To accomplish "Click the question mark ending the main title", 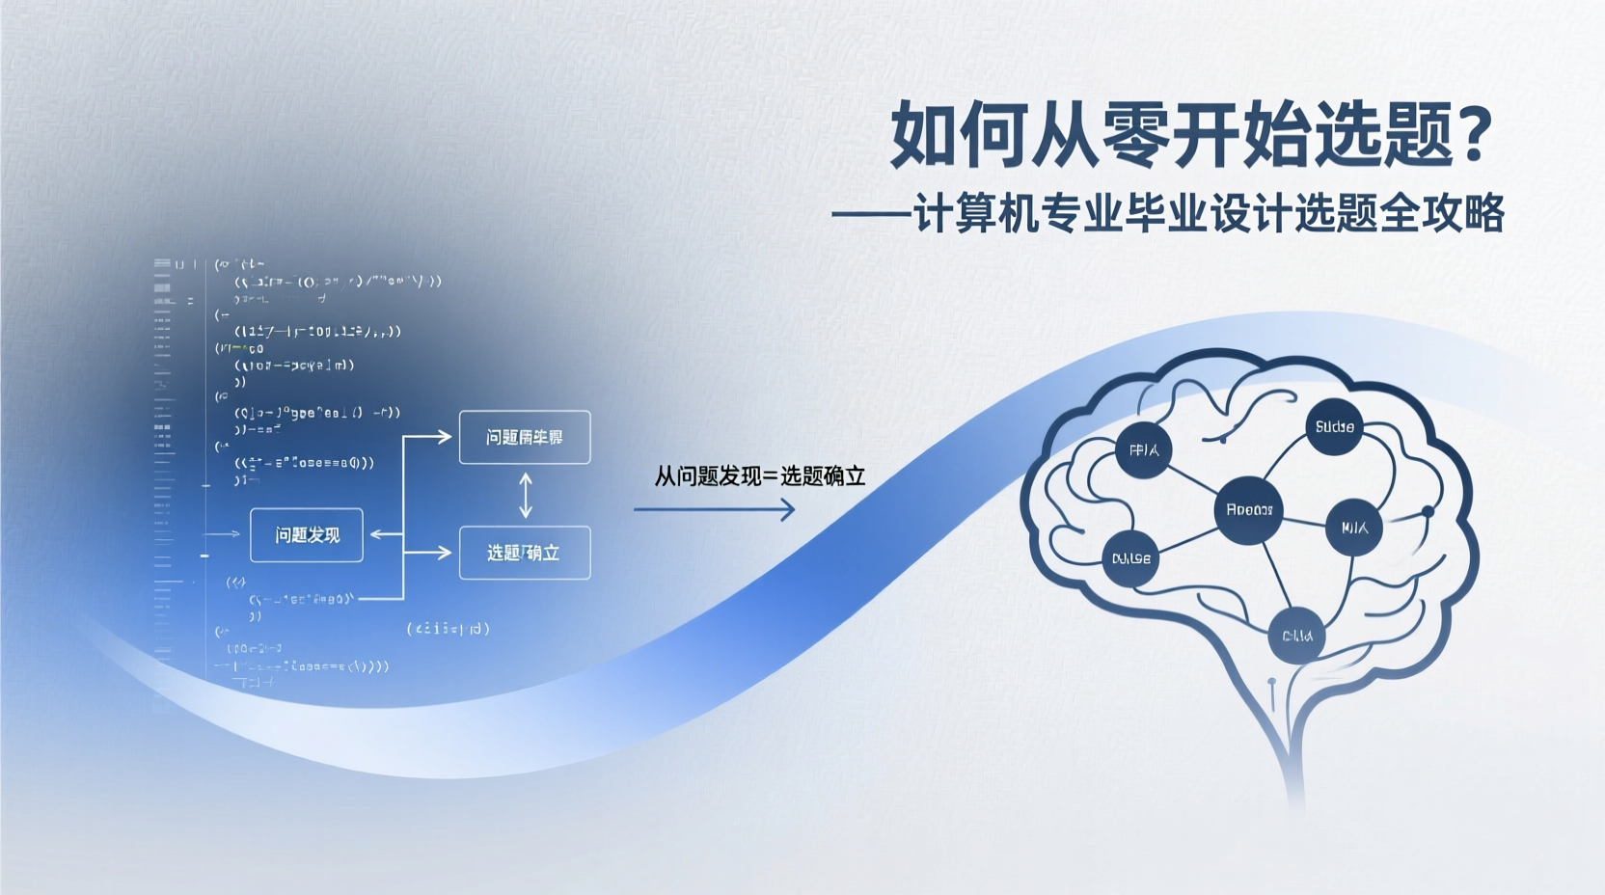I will (x=1475, y=134).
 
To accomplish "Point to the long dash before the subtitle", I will (x=871, y=215).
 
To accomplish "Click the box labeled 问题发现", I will (x=307, y=535).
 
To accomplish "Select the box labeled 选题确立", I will (x=524, y=553).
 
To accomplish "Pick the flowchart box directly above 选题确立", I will (x=524, y=437).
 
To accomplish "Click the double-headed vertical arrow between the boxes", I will (x=525, y=496).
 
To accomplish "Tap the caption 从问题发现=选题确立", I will (x=760, y=475).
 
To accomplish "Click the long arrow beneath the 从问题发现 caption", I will (x=714, y=509).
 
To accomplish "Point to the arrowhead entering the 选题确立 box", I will (x=443, y=553).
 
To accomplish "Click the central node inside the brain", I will (x=1248, y=509).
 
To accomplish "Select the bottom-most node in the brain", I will (x=1296, y=636).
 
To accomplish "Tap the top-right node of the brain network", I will (x=1334, y=426).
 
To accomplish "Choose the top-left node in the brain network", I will (x=1144, y=449).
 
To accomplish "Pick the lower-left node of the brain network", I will (x=1130, y=558).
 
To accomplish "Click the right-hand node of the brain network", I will (x=1354, y=527).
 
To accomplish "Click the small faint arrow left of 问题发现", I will (x=224, y=533).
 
